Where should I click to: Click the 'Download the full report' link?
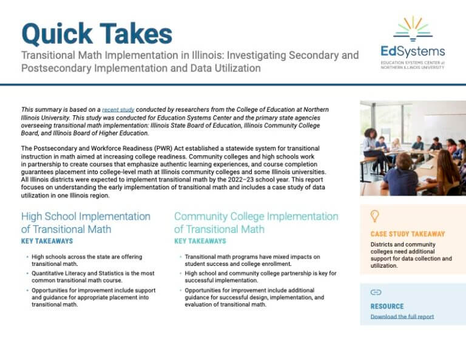click(402, 316)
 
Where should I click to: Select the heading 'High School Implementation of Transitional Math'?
click(86, 222)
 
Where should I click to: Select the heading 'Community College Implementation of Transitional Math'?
click(256, 222)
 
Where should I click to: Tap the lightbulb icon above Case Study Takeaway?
click(374, 216)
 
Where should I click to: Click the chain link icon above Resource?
click(375, 293)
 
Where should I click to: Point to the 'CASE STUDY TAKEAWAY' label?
click(407, 234)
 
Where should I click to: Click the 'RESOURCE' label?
click(387, 306)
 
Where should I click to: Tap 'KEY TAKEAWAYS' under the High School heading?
click(47, 242)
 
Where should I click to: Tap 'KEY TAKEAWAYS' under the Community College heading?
click(200, 242)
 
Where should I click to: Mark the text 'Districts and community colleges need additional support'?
click(411, 251)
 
